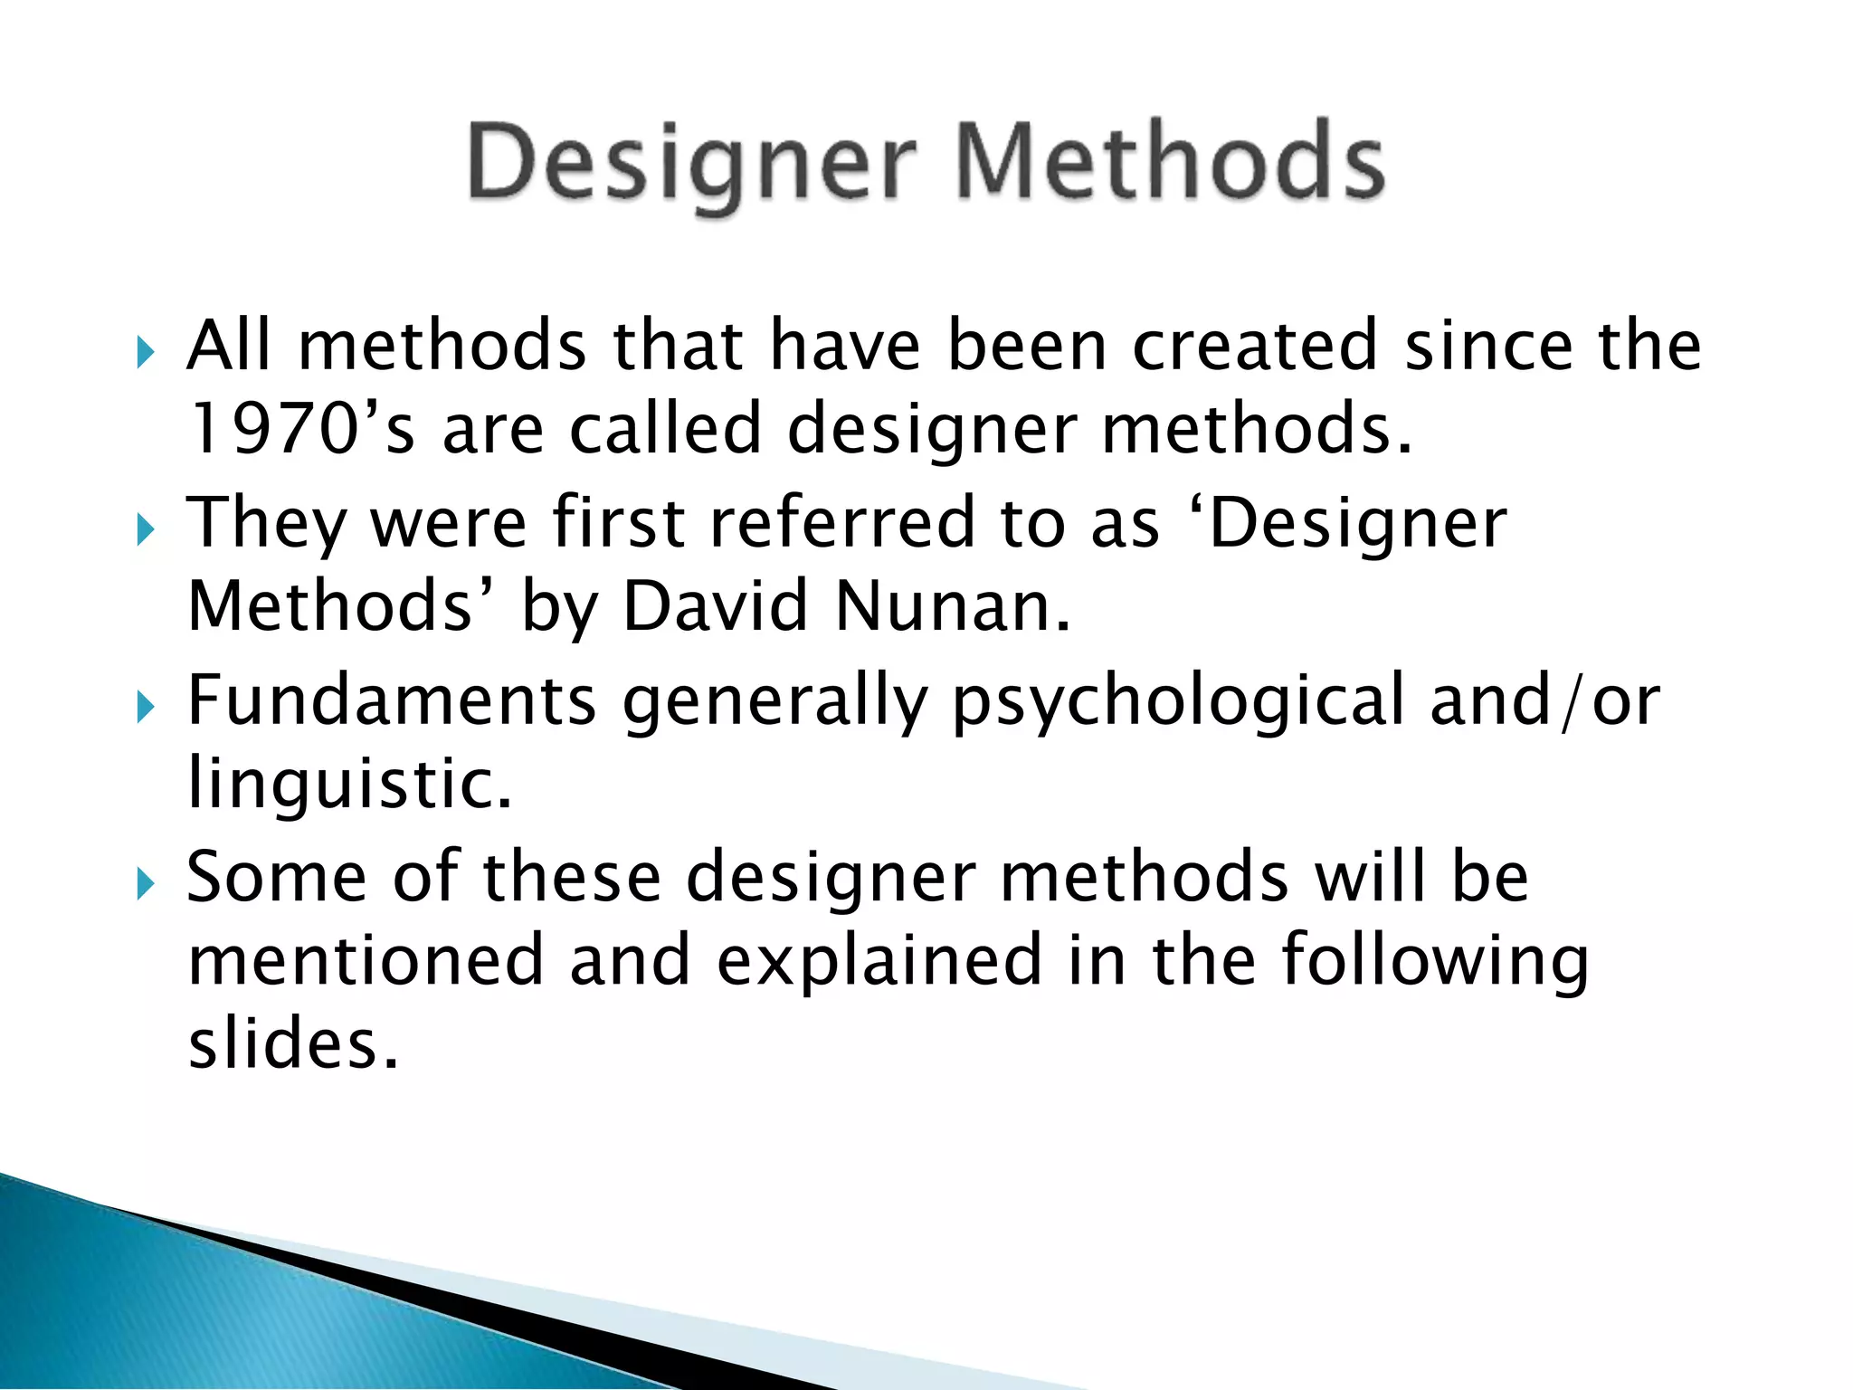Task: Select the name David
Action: [x=715, y=605]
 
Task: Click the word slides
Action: [x=293, y=1044]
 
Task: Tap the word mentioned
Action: [x=366, y=959]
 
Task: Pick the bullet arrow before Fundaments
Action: [x=146, y=705]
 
